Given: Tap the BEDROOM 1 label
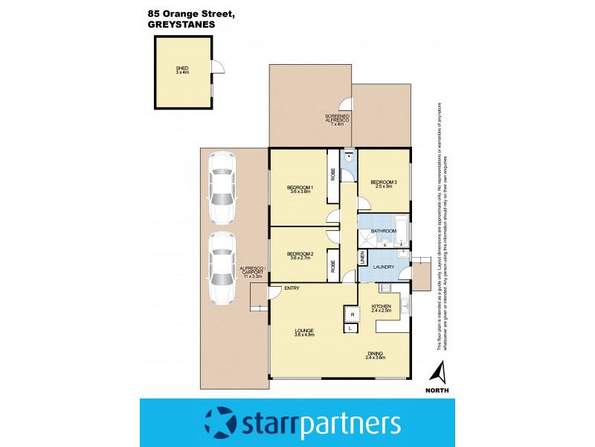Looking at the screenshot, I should [x=300, y=187].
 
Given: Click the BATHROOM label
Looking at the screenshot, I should [x=384, y=232].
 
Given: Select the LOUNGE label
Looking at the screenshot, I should [x=303, y=331].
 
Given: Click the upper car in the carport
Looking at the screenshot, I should [x=221, y=188].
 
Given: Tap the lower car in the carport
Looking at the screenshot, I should [x=221, y=268].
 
